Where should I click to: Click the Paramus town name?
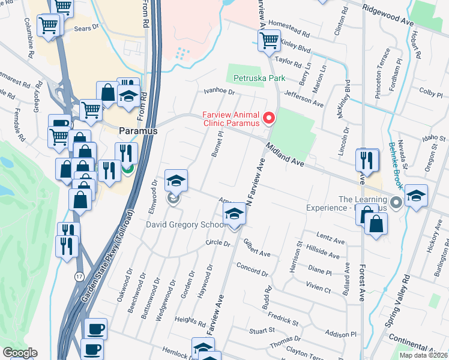[137, 130]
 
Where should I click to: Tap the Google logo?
[20, 353]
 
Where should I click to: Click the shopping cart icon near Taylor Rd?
[268, 41]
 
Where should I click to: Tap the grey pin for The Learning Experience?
[395, 202]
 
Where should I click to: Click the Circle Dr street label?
[218, 244]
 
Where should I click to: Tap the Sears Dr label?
[86, 28]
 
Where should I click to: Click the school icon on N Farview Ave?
[234, 213]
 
